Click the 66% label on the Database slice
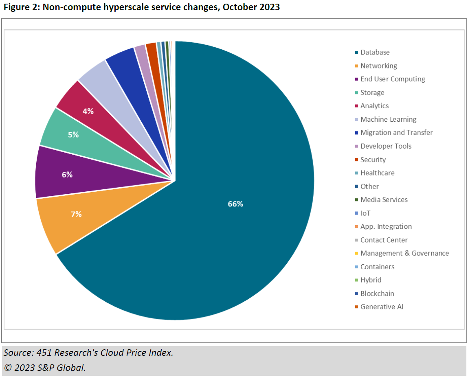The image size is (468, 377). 235,204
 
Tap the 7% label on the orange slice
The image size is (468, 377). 76,214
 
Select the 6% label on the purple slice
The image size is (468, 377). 67,175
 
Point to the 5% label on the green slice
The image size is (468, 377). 73,134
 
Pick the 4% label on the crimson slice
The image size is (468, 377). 88,111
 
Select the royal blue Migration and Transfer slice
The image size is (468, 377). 126,65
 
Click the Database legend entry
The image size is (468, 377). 375,52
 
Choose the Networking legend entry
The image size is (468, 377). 378,66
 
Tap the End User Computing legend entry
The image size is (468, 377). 392,79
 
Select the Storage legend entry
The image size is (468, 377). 372,92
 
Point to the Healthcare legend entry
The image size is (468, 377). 377,173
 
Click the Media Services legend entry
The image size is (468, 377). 384,199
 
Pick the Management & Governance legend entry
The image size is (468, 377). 404,253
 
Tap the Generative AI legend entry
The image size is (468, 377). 382,307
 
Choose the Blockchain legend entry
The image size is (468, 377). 377,294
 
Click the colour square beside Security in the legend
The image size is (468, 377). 357,160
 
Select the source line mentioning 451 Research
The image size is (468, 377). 88,353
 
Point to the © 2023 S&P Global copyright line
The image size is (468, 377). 45,367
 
